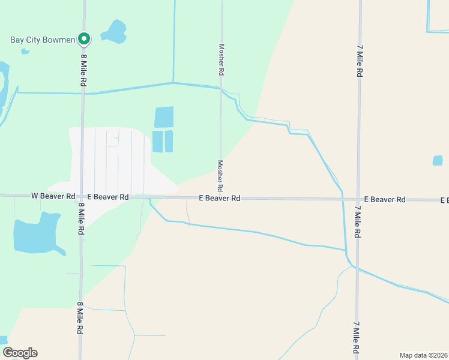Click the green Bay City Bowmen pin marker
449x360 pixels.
point(85,38)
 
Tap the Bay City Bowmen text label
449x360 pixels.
point(42,40)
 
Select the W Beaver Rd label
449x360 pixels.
point(53,196)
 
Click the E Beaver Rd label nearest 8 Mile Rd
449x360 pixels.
point(108,197)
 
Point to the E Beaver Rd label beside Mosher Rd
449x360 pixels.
point(219,198)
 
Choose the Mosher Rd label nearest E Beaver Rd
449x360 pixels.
point(220,175)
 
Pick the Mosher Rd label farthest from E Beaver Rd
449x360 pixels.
point(221,59)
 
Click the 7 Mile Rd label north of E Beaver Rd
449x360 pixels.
point(360,60)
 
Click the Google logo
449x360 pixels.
point(20,353)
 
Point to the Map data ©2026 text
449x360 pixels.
point(423,355)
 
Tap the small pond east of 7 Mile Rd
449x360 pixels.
point(438,160)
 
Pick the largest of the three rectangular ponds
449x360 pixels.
point(164,117)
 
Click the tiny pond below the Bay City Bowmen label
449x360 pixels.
point(25,52)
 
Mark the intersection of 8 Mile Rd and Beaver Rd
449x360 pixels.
point(82,196)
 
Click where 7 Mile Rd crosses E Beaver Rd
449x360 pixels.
point(358,199)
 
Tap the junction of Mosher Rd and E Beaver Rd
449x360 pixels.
point(220,197)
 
